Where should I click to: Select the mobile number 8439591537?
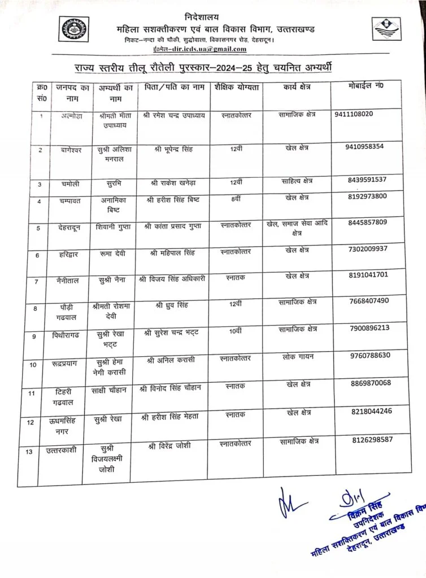pos(367,179)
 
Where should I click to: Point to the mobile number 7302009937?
pos(368,248)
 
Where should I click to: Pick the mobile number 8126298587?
pos(372,439)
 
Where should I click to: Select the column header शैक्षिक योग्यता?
pos(237,89)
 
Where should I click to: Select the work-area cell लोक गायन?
pos(298,357)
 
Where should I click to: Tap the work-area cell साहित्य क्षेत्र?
pos(297,181)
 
